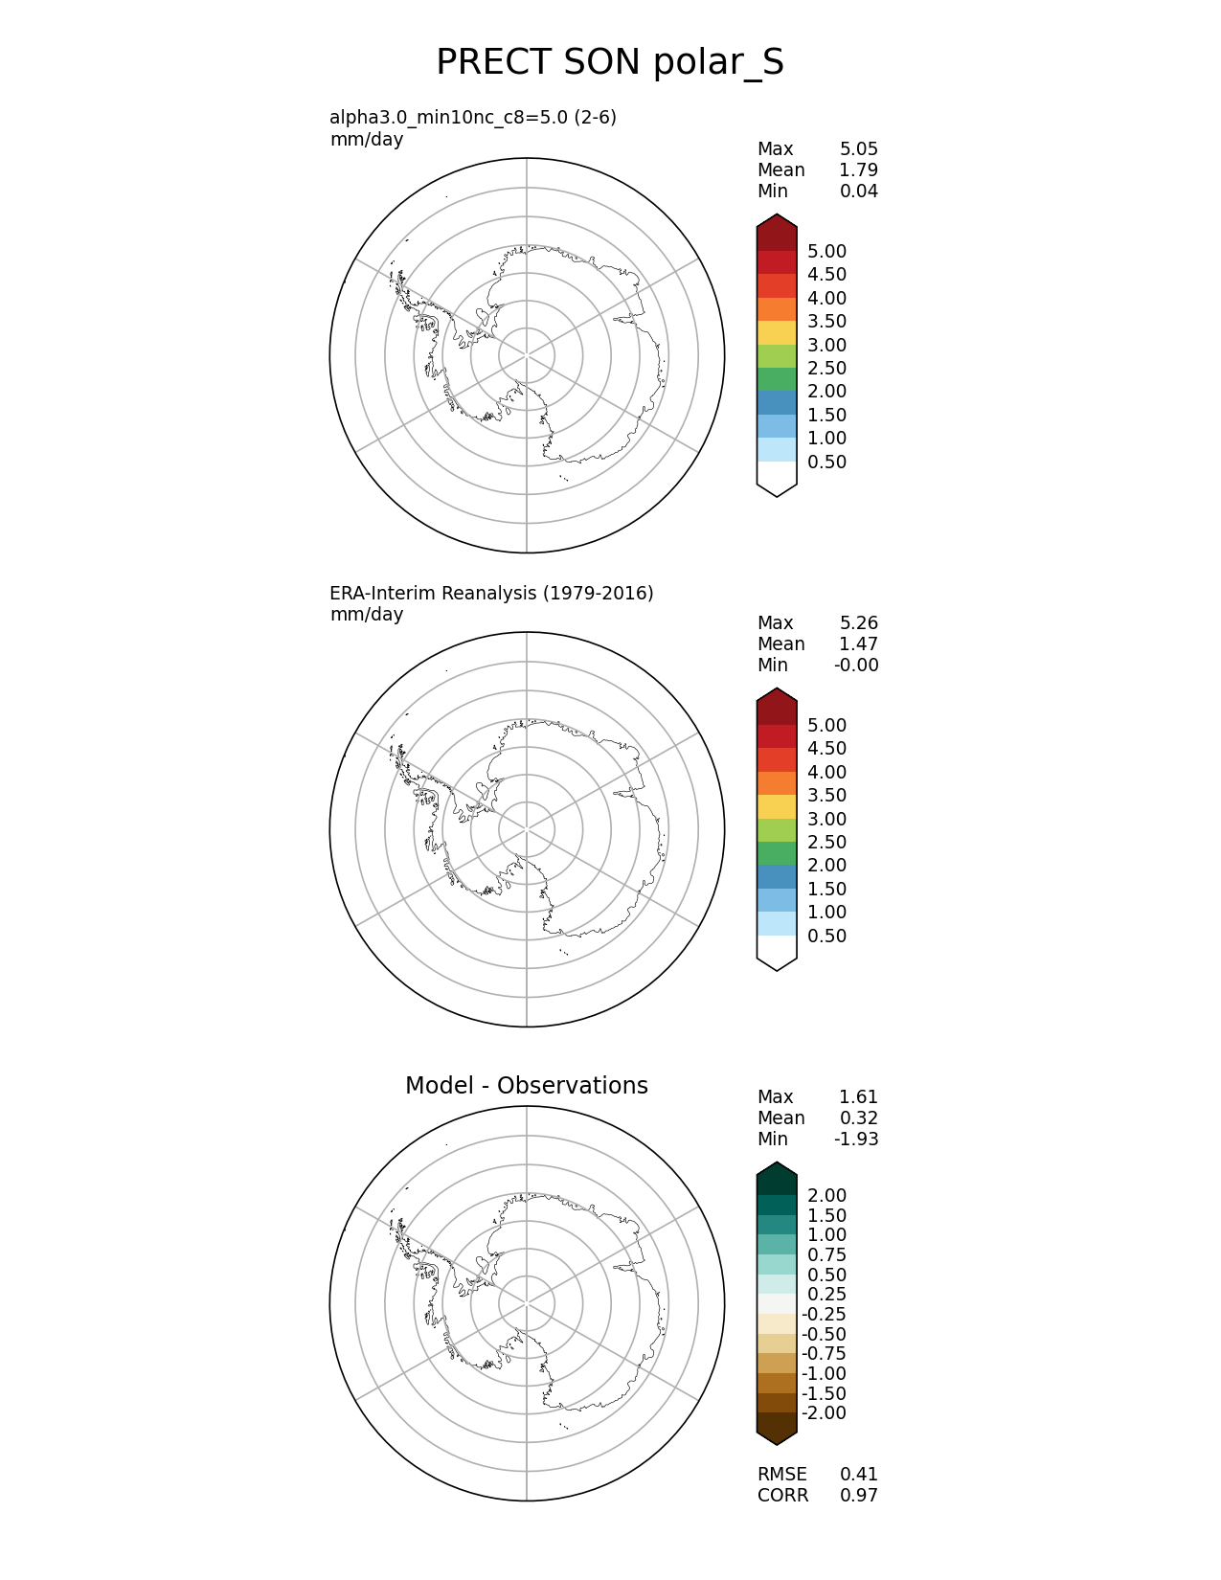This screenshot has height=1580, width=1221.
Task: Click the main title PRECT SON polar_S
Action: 610,63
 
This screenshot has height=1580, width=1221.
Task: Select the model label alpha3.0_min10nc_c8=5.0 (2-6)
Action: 473,118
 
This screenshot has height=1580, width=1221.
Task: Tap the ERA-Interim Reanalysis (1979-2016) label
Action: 491,593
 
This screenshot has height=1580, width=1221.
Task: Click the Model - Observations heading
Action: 526,1086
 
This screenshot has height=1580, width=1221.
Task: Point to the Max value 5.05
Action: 858,149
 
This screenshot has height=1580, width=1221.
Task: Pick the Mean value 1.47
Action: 858,644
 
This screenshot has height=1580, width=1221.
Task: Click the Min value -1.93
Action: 856,1140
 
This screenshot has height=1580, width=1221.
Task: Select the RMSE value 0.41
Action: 858,1475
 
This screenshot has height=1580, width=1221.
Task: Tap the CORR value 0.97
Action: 858,1496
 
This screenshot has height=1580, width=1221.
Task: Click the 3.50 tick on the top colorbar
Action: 826,322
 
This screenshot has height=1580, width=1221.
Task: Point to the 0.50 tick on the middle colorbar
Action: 826,937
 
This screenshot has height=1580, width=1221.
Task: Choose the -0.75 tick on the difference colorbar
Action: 824,1354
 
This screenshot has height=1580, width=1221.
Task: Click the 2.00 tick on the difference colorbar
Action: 826,1196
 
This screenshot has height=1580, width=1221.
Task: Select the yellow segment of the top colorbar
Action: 777,332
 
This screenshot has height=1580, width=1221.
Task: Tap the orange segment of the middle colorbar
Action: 777,783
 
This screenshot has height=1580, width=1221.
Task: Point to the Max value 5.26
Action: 858,623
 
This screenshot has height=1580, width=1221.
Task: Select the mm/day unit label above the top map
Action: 367,140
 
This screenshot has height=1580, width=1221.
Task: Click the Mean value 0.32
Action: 858,1118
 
